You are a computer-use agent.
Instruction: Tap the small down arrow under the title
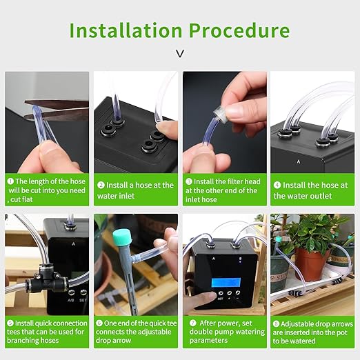click(180, 53)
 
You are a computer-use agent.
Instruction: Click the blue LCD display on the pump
click(226, 283)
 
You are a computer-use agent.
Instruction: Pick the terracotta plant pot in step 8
click(310, 263)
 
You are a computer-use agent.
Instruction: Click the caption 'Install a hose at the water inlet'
click(135, 190)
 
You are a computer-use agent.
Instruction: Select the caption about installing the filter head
click(223, 190)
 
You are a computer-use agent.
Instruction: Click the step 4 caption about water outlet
click(312, 190)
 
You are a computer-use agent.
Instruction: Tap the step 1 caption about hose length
click(47, 190)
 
